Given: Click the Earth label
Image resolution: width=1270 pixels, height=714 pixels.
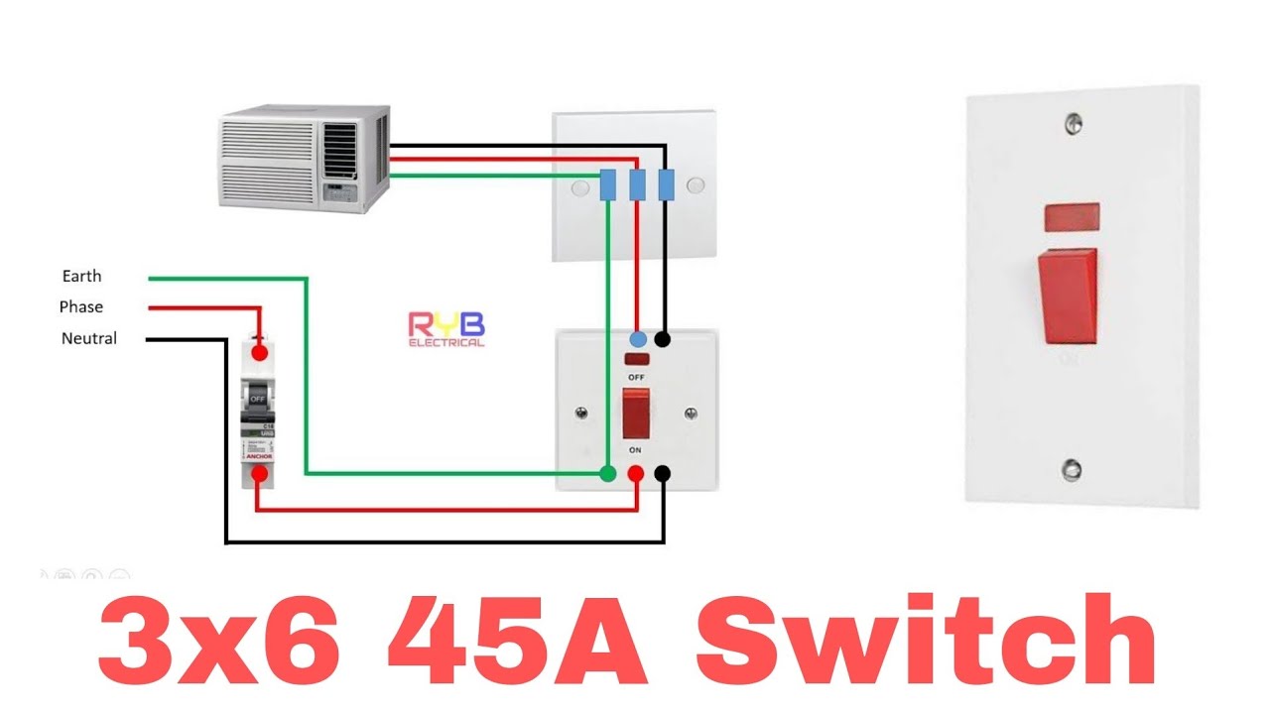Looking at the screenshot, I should [x=81, y=276].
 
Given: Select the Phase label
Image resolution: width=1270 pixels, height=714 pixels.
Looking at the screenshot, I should [x=81, y=307].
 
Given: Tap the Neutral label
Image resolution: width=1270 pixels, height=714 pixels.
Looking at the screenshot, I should [x=89, y=338].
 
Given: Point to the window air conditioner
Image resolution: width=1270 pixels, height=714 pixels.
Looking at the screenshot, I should [x=305, y=159].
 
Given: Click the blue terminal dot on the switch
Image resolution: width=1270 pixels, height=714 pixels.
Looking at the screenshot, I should [x=639, y=339].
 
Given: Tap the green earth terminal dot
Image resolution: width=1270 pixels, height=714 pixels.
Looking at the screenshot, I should [x=608, y=474].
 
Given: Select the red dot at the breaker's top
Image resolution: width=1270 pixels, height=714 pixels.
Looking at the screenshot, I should [x=260, y=351].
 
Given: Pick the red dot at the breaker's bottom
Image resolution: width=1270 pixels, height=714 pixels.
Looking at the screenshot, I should [x=259, y=474].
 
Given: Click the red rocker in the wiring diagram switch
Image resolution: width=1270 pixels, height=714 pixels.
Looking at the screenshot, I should [x=635, y=414].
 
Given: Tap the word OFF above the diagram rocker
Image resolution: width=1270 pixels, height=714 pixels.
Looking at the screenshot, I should [x=635, y=378].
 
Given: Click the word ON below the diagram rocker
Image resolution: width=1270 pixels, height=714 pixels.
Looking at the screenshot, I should [x=635, y=449].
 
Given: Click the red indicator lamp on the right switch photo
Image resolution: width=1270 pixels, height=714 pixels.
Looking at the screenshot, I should [x=1072, y=214].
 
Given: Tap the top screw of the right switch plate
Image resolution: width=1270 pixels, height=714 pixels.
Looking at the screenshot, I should [x=1073, y=125].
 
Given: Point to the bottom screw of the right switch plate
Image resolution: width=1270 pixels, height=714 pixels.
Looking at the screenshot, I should [x=1072, y=469].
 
